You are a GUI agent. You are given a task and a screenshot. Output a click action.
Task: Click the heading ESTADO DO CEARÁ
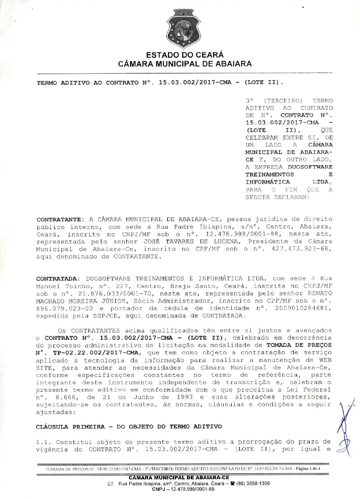pyautogui.click(x=185, y=55)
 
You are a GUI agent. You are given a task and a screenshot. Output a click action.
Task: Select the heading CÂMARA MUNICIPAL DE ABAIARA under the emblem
pyautogui.click(x=185, y=64)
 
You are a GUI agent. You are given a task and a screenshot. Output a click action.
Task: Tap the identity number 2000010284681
pyautogui.click(x=303, y=308)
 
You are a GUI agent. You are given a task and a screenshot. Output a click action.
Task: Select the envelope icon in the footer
pyautogui.click(x=111, y=484)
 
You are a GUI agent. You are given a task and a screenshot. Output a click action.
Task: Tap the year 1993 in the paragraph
pyautogui.click(x=184, y=397)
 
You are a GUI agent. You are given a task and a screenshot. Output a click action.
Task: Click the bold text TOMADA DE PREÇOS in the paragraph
pyautogui.click(x=299, y=345)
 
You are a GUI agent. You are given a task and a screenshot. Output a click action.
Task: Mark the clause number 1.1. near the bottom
pyautogui.click(x=44, y=442)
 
